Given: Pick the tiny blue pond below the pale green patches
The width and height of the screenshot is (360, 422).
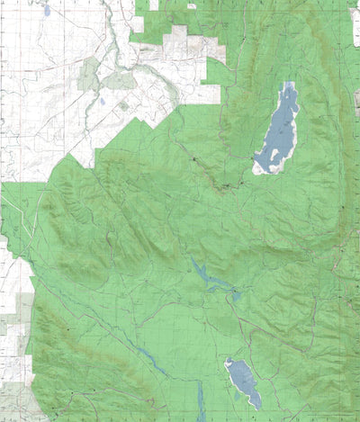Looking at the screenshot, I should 103,102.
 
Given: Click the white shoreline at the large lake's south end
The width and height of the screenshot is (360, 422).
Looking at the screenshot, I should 266,169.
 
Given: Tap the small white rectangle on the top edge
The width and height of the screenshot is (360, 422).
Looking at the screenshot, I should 192,5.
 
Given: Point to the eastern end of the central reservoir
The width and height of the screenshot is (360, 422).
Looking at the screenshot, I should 236,293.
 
